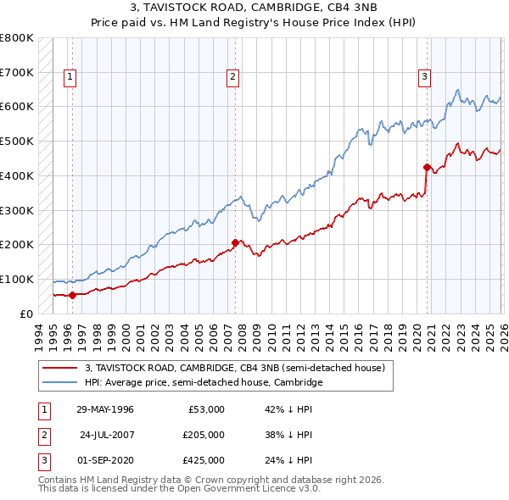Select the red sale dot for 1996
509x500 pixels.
[x=73, y=295]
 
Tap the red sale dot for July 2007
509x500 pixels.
[x=235, y=242]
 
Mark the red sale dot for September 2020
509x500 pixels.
[x=427, y=167]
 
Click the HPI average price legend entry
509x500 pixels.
[x=204, y=382]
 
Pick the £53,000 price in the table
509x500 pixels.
[x=204, y=409]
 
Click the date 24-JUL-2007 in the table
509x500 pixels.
[x=107, y=435]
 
